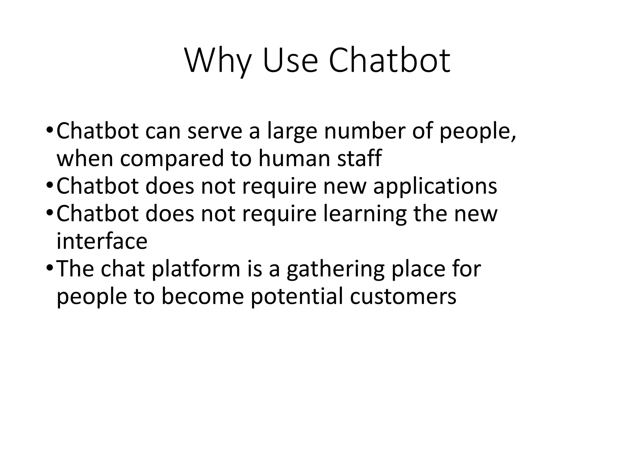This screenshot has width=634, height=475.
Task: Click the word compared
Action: pyautogui.click(x=172, y=159)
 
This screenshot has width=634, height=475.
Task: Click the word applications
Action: pyautogui.click(x=435, y=186)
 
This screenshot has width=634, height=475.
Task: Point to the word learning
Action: pyautogui.click(x=365, y=214)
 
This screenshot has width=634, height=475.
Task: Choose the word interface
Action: pyautogui.click(x=102, y=241)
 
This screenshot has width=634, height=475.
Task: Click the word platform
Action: pyautogui.click(x=196, y=269)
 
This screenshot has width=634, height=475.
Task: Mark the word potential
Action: pyautogui.click(x=297, y=296)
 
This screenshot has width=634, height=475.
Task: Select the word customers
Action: pyautogui.click(x=403, y=296)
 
